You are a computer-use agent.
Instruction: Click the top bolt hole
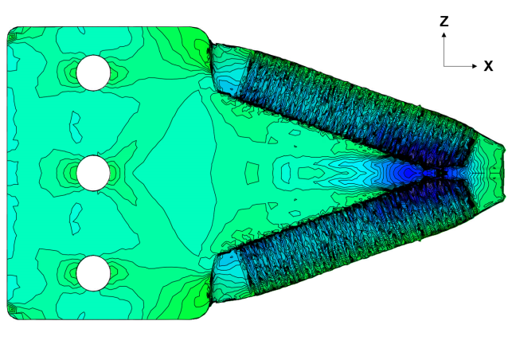tap(93, 72)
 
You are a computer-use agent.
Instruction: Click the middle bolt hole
tap(93, 173)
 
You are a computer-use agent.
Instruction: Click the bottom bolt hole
tap(93, 273)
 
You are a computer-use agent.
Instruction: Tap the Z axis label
tap(444, 22)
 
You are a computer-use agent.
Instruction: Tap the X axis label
tap(488, 66)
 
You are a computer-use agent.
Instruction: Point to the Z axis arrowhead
tap(444, 34)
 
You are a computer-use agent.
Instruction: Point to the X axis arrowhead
tap(475, 66)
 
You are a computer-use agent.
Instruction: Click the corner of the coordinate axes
tap(444, 66)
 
